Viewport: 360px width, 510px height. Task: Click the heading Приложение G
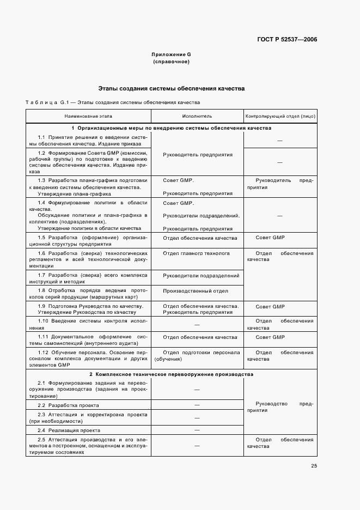click(x=171, y=54)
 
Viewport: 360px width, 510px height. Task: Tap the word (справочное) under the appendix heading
click(x=171, y=62)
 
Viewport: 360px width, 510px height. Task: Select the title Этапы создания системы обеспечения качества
click(x=171, y=88)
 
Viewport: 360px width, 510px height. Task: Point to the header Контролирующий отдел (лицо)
click(x=280, y=116)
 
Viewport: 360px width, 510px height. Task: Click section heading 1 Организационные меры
click(x=171, y=128)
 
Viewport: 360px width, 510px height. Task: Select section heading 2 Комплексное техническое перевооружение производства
click(x=171, y=375)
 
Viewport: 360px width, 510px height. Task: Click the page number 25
click(x=314, y=466)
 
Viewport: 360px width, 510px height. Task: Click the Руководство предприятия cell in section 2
click(x=280, y=407)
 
